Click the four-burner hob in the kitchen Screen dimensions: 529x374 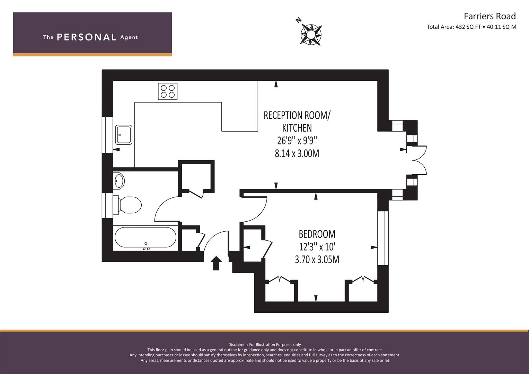(168, 91)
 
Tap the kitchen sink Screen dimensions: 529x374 (124, 135)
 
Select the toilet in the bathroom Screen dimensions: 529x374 (127, 205)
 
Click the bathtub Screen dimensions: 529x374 (145, 237)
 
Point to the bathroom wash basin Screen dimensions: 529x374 (119, 181)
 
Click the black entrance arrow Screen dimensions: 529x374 (216, 263)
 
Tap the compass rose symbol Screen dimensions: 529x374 (311, 35)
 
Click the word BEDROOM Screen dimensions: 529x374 (317, 234)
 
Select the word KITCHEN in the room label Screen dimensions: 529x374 (297, 128)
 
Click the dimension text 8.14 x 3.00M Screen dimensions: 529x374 (297, 153)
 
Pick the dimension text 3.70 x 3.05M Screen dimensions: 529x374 (317, 260)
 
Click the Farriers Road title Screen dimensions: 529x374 (490, 16)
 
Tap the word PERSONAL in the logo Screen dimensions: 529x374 (87, 37)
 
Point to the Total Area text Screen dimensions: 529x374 (471, 27)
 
